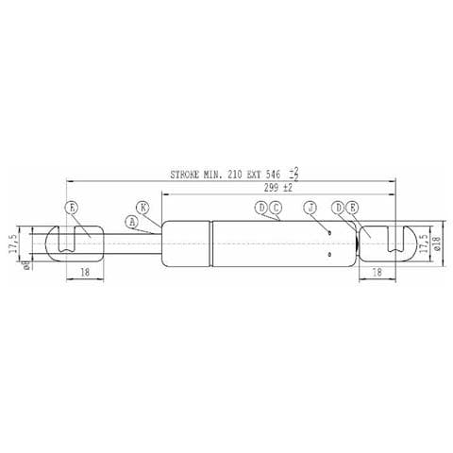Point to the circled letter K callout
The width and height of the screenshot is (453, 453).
coord(143,206)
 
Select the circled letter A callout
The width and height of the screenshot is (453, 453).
coord(132,222)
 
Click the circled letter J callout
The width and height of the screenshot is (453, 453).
coord(309,207)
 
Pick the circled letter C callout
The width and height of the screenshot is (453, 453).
coord(276,207)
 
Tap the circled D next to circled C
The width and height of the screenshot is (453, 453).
coord(261,207)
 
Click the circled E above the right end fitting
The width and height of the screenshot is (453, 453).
coord(352,207)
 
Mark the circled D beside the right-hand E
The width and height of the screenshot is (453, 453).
coord(338,207)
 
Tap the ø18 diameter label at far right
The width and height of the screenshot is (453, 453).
coord(436,245)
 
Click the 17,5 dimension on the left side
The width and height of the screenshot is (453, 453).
coord(12,244)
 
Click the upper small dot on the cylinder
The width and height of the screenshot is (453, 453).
coord(329,232)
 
